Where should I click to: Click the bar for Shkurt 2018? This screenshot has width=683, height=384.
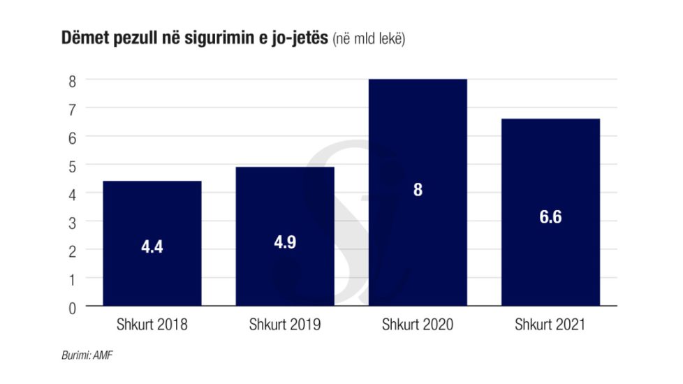[x=152, y=209]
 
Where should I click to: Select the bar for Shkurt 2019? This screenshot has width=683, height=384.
[x=285, y=202]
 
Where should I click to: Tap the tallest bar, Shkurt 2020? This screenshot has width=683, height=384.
[x=418, y=140]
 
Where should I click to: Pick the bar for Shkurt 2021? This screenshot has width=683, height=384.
[x=550, y=175]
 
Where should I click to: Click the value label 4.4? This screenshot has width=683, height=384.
[x=152, y=247]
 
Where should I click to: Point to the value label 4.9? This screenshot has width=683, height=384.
[x=285, y=242]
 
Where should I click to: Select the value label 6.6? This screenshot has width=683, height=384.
[x=550, y=217]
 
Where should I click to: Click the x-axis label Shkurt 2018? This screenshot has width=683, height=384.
[x=152, y=325]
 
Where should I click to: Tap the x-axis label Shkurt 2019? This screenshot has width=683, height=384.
[x=284, y=325]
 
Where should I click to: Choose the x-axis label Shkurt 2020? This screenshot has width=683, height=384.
[x=418, y=325]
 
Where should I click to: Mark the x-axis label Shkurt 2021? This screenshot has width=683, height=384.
[x=550, y=325]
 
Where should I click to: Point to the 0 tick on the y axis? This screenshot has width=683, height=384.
[x=72, y=307]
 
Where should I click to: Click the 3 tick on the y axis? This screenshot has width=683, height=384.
[x=72, y=221]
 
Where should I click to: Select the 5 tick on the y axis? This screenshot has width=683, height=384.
[x=72, y=165]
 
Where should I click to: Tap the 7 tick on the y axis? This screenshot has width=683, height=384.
[x=72, y=108]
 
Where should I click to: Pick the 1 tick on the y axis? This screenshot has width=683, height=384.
[x=72, y=278]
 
